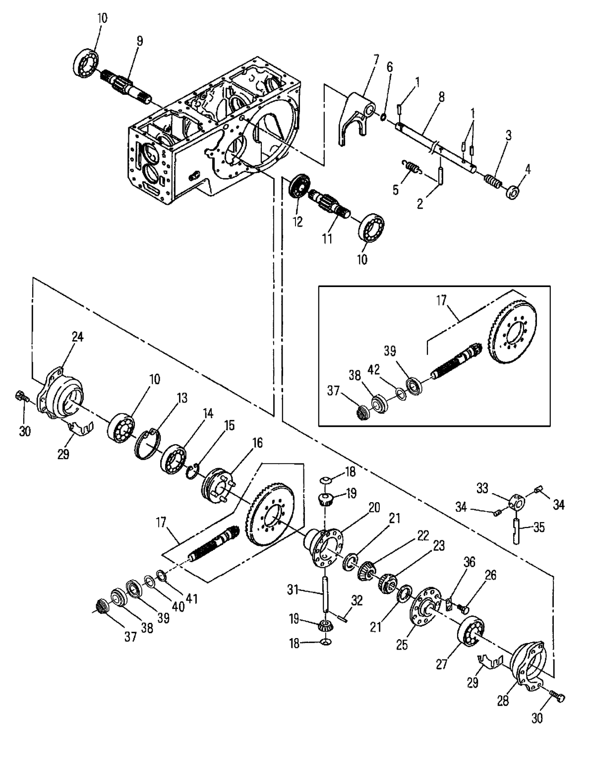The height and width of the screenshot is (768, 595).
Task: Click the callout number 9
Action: coord(140,41)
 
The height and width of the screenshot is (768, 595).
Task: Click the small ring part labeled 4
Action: coord(514,190)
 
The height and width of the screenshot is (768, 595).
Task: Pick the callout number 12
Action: coord(297,222)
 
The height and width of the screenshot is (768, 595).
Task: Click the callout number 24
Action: coord(77,337)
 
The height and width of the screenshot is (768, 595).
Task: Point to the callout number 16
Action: coord(257,443)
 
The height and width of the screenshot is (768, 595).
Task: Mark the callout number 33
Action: coord(483,488)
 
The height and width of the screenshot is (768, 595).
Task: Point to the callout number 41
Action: coord(192,599)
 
